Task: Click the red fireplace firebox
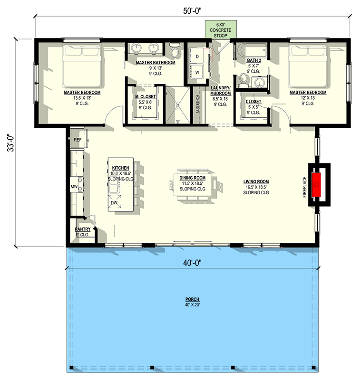point(316,184)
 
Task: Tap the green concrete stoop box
point(219,30)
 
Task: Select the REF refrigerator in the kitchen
point(78,140)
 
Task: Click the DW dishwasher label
point(114,203)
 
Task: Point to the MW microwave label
point(74,186)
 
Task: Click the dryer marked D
point(197,56)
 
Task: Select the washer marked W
point(197,73)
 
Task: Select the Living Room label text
point(256,181)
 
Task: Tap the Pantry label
point(83,229)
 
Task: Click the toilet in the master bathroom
point(175,51)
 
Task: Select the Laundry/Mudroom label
point(221,91)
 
